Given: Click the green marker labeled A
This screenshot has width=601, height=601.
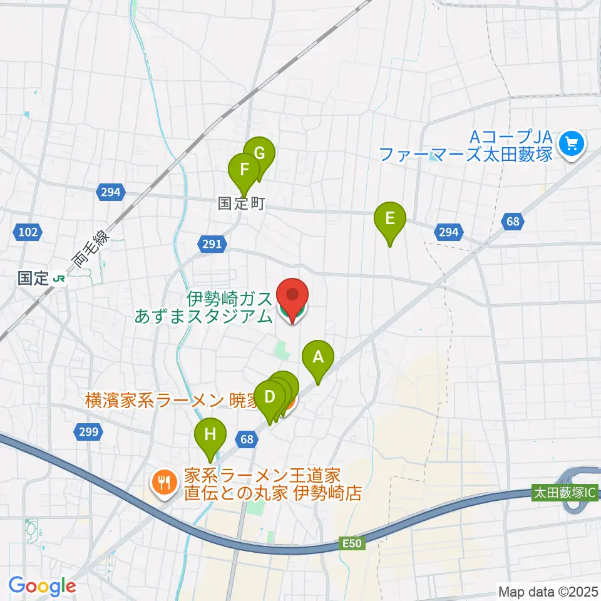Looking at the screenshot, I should (318, 358).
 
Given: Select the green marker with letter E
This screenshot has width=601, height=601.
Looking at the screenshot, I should (389, 219).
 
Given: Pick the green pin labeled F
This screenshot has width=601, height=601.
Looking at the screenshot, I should (244, 170).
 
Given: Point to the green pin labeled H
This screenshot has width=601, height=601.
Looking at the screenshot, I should (210, 434).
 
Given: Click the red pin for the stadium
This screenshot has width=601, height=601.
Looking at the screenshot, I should (292, 297).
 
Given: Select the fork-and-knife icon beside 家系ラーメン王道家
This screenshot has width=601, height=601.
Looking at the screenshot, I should (164, 481).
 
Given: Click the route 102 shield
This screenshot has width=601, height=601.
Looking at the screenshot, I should (28, 233).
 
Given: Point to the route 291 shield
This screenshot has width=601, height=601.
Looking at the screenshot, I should (212, 244).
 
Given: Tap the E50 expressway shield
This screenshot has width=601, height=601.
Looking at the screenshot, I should (352, 544).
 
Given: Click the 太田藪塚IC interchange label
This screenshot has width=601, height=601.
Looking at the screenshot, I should (563, 492).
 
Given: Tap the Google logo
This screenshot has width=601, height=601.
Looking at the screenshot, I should (42, 586).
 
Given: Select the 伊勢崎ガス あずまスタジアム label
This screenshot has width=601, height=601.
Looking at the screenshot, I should (203, 307).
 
